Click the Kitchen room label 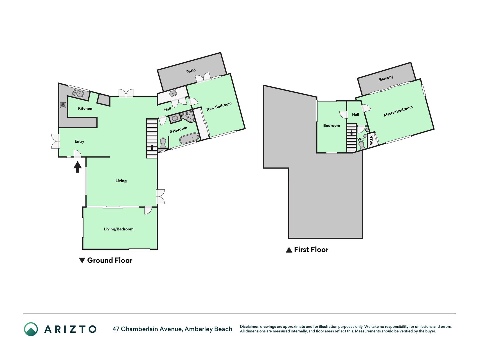85,109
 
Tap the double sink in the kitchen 78,93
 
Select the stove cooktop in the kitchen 63,105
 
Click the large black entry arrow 78,167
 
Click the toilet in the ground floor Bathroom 163,143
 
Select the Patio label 191,71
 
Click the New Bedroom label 219,106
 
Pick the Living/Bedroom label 119,229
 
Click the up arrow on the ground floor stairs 152,147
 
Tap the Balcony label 386,78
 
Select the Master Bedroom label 398,111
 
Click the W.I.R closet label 371,140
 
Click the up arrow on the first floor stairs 351,133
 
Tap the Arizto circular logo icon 31,329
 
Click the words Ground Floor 110,260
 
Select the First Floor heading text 311,250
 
